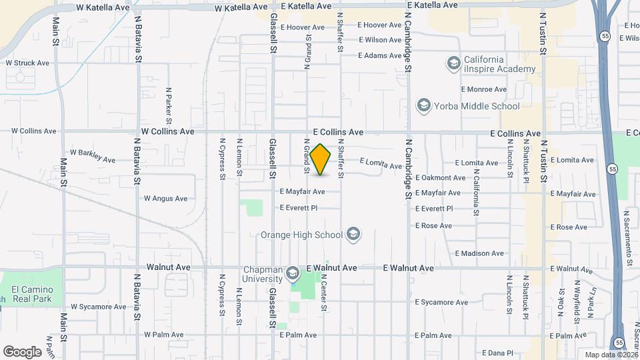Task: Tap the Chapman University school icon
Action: point(292,273)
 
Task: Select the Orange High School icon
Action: point(353,234)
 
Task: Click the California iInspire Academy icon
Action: point(453,63)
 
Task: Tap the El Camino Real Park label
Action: point(37,293)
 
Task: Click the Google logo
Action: point(22,352)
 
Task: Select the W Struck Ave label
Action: point(27,63)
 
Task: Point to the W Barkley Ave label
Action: point(93,157)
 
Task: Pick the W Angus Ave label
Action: point(166,198)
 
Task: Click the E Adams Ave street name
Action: point(381,55)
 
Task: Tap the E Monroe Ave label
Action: point(483,89)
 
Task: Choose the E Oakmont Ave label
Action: point(440,178)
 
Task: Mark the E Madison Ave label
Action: point(480,253)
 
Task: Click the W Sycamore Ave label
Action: point(98,307)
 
